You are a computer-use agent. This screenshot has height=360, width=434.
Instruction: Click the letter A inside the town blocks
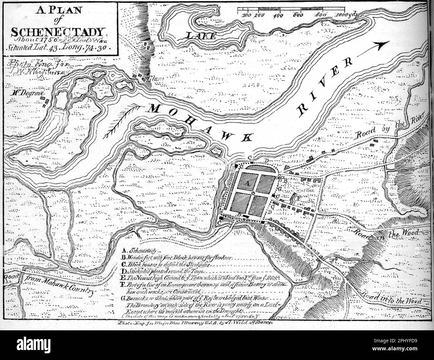click(x=247, y=184)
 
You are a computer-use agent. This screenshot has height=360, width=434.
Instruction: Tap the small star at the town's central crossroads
click(x=253, y=194)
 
